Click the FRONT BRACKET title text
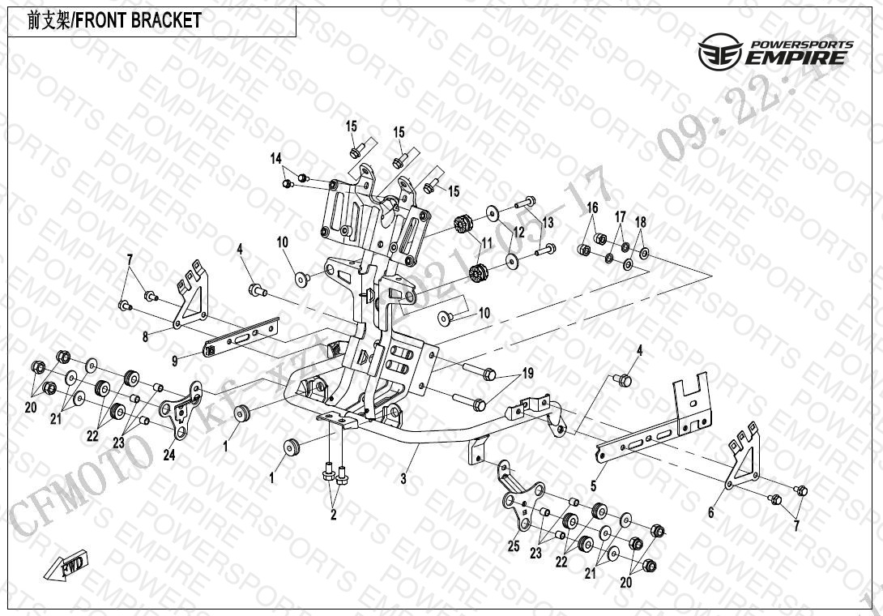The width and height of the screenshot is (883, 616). (114, 21)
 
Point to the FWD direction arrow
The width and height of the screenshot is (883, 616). (72, 564)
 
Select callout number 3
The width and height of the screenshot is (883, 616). (403, 479)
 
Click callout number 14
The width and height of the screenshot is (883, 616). (276, 158)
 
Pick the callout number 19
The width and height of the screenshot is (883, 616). (527, 374)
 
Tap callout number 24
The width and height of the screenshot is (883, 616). (168, 455)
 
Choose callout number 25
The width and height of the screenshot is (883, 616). (513, 546)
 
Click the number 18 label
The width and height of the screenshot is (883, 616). (640, 223)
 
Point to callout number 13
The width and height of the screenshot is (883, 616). (548, 222)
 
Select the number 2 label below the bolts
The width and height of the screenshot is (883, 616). (333, 513)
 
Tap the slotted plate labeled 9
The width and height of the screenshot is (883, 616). (242, 336)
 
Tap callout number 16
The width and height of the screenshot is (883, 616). (592, 208)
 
